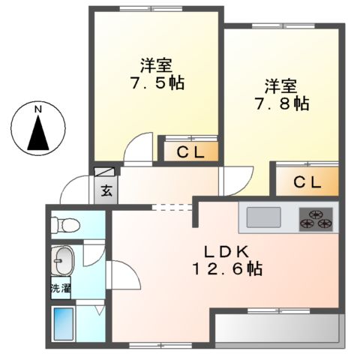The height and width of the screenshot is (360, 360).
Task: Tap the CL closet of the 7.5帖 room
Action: pyautogui.click(x=192, y=152)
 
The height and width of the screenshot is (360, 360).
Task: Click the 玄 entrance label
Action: pyautogui.click(x=106, y=190)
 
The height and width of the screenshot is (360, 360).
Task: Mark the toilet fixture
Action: pyautogui.click(x=63, y=223)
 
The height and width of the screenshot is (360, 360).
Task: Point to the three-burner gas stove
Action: pyautogui.click(x=316, y=217)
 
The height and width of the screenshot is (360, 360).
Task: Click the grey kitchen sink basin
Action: pyautogui.click(x=264, y=218)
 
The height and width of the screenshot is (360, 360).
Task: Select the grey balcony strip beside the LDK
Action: pyautogui.click(x=277, y=328)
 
